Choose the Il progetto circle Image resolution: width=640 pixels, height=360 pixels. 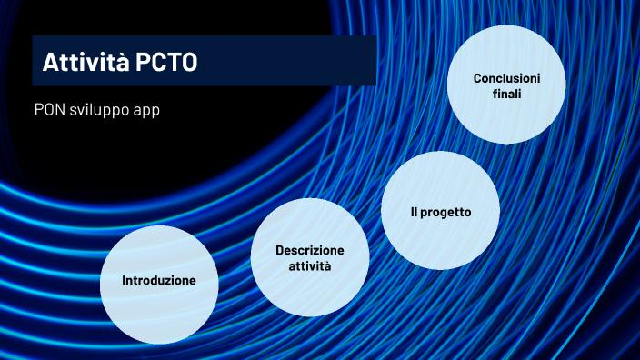[x=440, y=212]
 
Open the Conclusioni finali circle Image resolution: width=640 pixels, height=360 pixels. [x=506, y=85]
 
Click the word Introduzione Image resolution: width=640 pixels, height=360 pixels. [x=158, y=281]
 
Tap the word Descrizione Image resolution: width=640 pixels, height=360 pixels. [x=310, y=250]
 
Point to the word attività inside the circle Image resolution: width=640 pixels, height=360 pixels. [x=309, y=266]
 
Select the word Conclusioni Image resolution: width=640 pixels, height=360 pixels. [x=506, y=78]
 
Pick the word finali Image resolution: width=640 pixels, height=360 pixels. [x=506, y=94]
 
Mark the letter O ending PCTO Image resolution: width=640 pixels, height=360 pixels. [x=186, y=63]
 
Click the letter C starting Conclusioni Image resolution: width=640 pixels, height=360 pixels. [x=477, y=78]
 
